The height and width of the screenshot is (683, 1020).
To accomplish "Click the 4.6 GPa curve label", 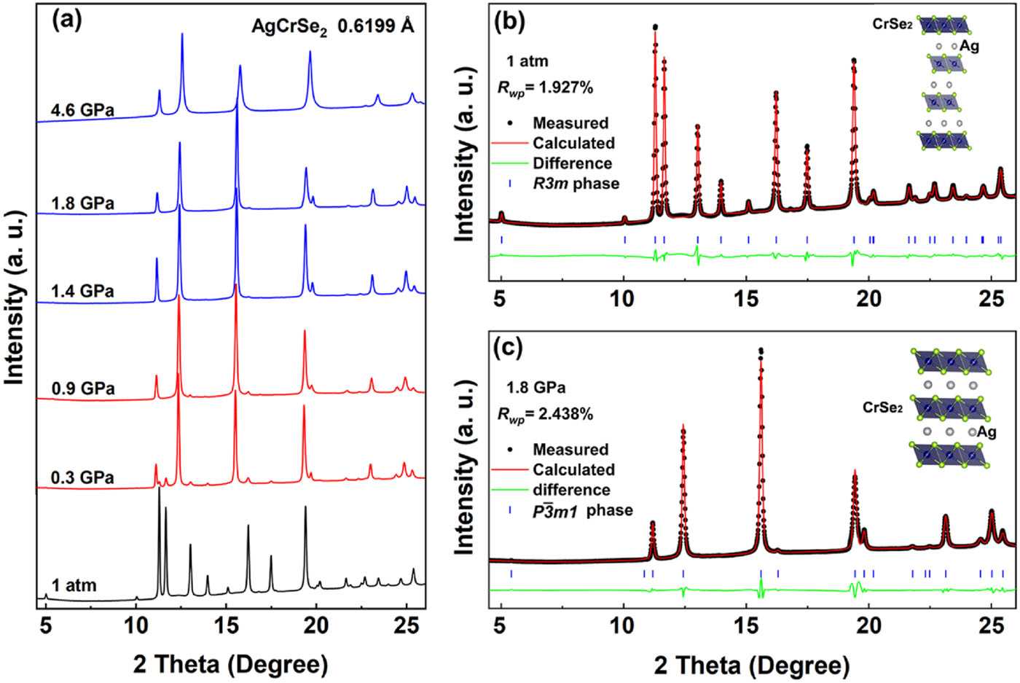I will point(82,111).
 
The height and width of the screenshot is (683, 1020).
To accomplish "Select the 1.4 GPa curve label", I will point(82,292).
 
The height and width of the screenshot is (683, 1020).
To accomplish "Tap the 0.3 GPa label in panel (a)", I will point(82,478).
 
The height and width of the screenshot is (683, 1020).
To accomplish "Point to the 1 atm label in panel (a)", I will point(74,585).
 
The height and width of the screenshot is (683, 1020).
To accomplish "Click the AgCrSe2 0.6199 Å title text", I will point(332,27).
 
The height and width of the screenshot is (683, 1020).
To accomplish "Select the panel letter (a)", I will point(67,20).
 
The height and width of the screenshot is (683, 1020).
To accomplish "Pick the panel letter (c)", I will point(509,347).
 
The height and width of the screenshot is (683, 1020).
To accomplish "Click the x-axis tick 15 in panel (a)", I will point(226,625).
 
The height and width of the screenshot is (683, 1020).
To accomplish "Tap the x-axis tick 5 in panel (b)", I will point(500,299).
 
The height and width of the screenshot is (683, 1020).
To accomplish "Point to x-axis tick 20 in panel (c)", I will point(868,625).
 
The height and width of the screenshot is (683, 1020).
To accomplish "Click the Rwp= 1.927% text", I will point(545,87).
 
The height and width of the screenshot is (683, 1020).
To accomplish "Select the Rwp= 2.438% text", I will point(545,414).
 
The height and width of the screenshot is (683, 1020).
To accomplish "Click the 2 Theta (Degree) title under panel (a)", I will point(231,664).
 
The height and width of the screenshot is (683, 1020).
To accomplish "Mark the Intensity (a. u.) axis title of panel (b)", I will point(465,155).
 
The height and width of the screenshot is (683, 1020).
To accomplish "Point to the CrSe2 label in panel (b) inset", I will point(892,24).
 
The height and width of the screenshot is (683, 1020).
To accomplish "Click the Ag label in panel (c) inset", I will point(986,432).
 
